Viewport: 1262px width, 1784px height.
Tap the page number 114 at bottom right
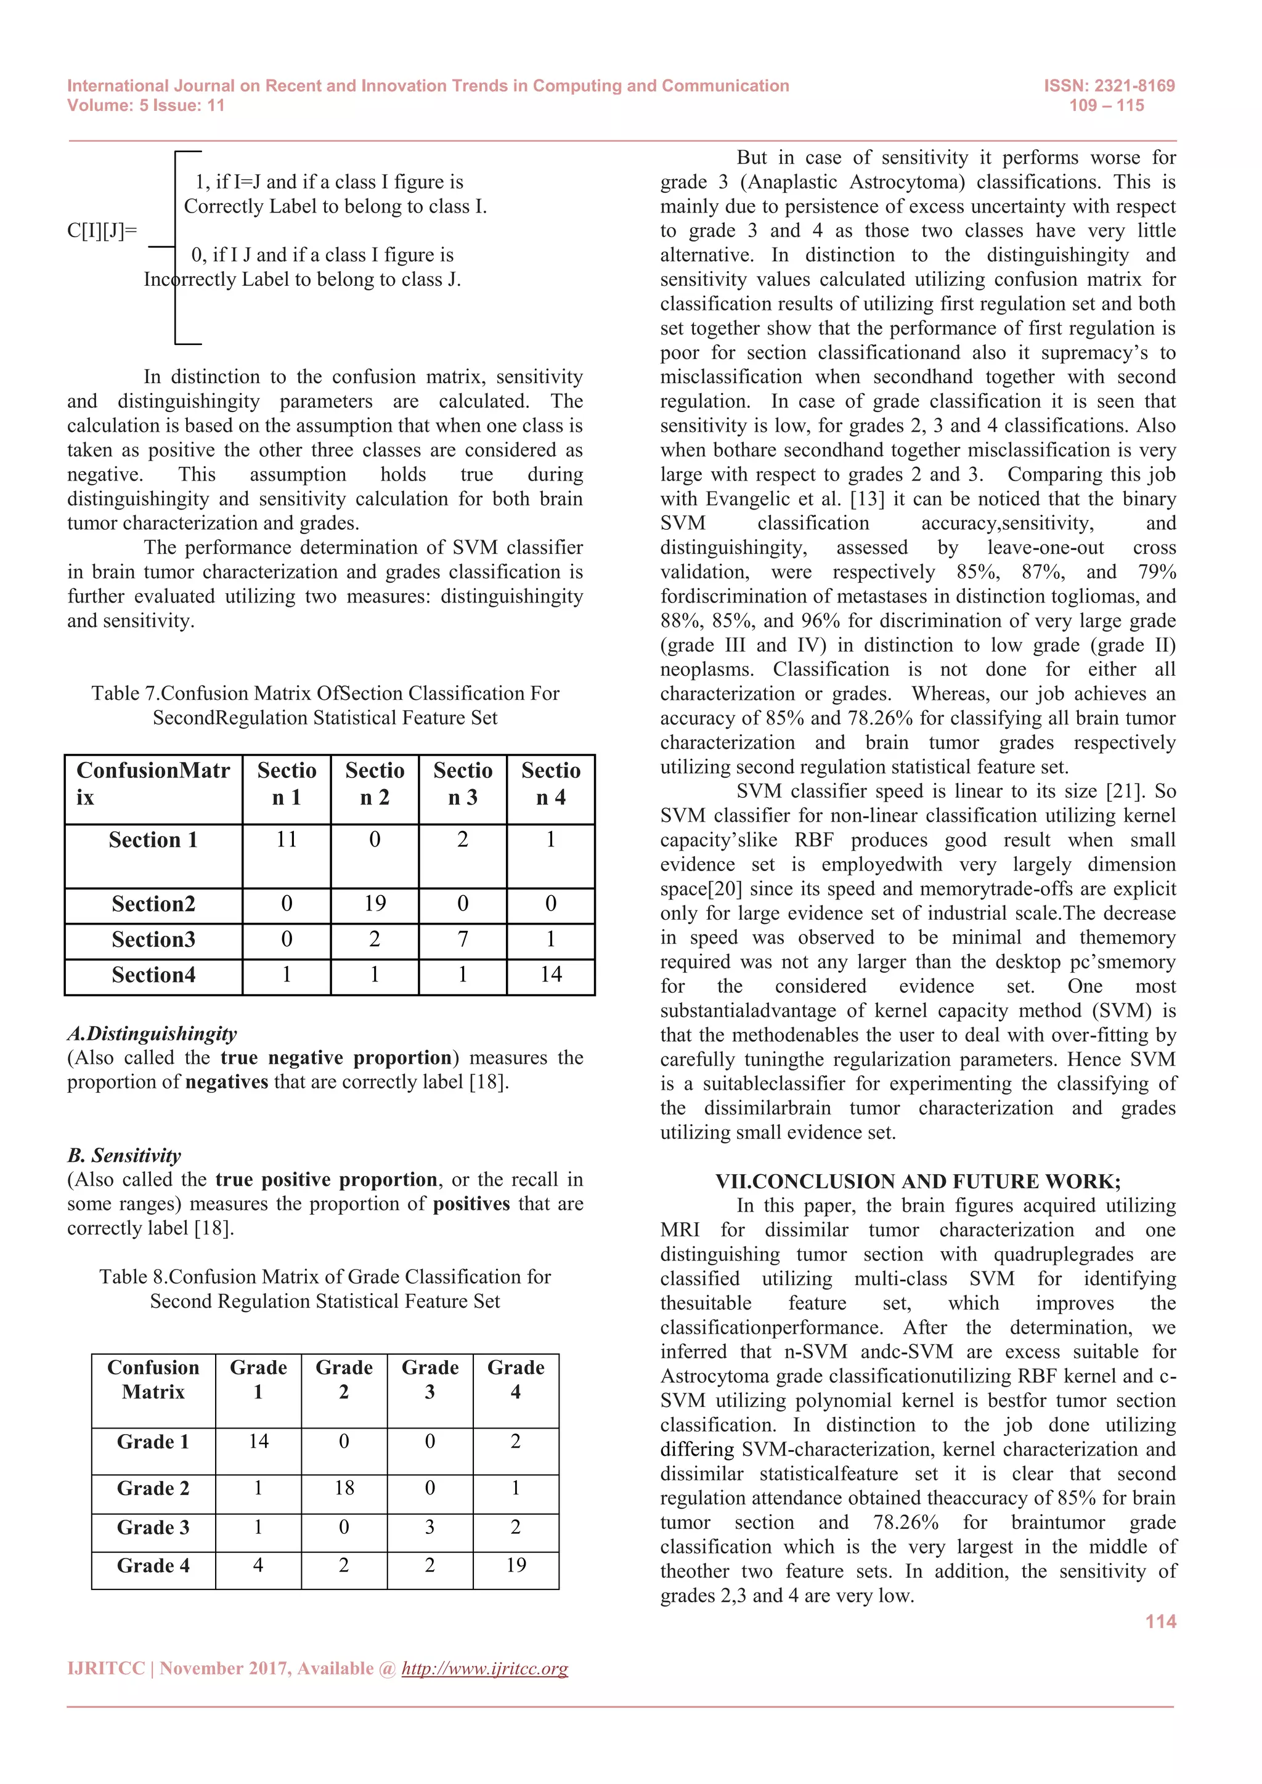click(x=1160, y=1621)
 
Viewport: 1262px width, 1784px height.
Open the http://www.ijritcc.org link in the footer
click(x=484, y=1668)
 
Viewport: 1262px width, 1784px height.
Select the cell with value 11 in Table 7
click(x=286, y=839)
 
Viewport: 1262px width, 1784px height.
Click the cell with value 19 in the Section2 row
click(x=375, y=903)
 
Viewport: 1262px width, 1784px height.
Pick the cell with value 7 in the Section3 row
click(x=462, y=939)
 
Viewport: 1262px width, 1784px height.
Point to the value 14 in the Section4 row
click(x=550, y=975)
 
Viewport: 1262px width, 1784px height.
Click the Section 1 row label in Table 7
click(x=153, y=840)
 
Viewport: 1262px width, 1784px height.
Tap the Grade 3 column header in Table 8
click(x=429, y=1379)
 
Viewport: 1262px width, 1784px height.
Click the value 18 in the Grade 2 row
click(x=344, y=1487)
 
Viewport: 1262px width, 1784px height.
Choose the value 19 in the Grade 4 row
click(x=515, y=1565)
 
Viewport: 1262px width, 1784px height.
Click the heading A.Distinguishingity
click(x=152, y=1034)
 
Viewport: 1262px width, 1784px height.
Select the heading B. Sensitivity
click(x=124, y=1156)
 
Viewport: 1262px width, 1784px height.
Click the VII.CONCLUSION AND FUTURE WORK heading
click(x=917, y=1181)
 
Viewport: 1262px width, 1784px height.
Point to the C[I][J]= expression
click(x=102, y=231)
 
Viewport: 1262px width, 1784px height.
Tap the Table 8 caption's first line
click(x=325, y=1276)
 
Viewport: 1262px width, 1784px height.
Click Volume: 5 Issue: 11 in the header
click(x=145, y=106)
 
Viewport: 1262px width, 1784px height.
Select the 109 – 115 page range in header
click(x=1106, y=106)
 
